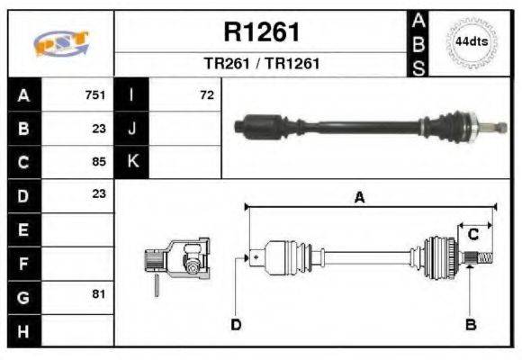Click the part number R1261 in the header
[261, 32]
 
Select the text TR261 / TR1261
[261, 64]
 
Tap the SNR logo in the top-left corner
[60, 43]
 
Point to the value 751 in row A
[95, 94]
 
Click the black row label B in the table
[23, 128]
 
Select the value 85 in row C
[98, 162]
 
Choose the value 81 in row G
[98, 294]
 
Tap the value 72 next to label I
[207, 94]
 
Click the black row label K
[132, 162]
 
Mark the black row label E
[23, 229]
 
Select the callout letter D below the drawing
[236, 324]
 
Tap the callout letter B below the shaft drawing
[470, 324]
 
